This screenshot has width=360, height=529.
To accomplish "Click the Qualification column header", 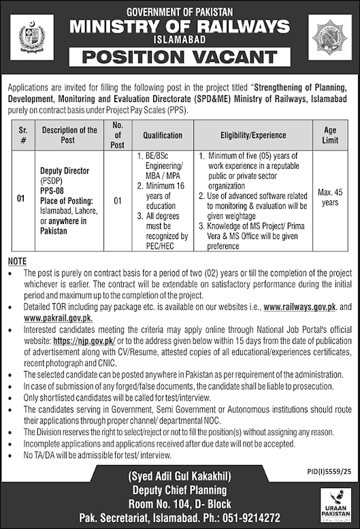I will pos(163,135).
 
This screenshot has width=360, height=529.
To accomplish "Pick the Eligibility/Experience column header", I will pos(253,135).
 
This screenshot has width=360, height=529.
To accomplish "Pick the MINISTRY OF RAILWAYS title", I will pos(180,27).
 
